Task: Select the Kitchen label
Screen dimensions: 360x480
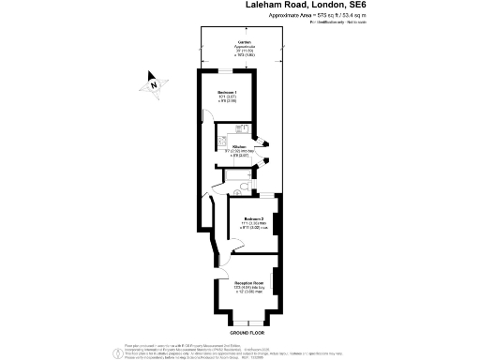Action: (240, 146)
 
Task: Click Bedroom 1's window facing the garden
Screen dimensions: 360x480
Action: (228, 69)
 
